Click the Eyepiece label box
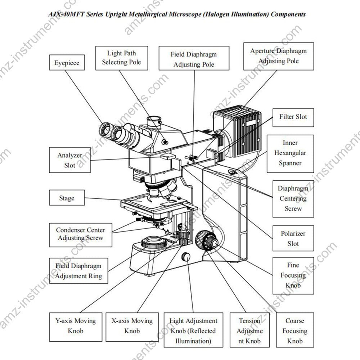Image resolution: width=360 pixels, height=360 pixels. pos(67,63)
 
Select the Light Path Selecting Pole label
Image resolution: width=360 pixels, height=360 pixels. pos(121,58)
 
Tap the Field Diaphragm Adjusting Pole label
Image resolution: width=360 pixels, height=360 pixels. pos(194,59)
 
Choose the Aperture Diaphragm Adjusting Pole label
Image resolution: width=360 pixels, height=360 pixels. pos(278,56)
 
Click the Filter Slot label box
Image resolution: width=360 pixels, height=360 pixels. pos(293,117)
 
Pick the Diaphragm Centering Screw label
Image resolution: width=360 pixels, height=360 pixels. pos(293,198)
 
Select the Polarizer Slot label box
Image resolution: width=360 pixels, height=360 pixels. pos(293,238)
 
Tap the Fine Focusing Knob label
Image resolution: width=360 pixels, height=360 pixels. pos(293,275)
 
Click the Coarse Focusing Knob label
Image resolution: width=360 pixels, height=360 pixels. pos(294,330)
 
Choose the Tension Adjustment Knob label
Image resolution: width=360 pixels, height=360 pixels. pos(249,330)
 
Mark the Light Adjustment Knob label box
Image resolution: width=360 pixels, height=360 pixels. pos(193,330)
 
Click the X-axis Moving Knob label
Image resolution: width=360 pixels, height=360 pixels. pos(132,326)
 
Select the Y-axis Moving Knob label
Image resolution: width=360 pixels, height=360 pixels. pos(75,326)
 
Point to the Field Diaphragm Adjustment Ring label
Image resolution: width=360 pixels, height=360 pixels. pos(78,271)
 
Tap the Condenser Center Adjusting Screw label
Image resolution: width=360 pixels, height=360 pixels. pos(80,234)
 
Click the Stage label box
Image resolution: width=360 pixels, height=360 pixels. pos(67,198)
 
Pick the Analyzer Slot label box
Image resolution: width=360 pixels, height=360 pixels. pos(69,160)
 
